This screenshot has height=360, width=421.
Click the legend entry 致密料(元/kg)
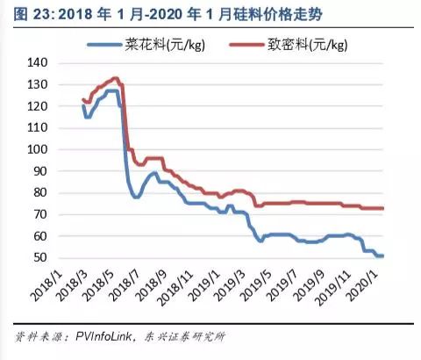coord(306,46)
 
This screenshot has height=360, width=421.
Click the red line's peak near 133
coord(115,78)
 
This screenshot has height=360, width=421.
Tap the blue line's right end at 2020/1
coord(383,256)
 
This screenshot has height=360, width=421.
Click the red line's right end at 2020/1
coord(383,208)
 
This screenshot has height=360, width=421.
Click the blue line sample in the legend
coord(111,46)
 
